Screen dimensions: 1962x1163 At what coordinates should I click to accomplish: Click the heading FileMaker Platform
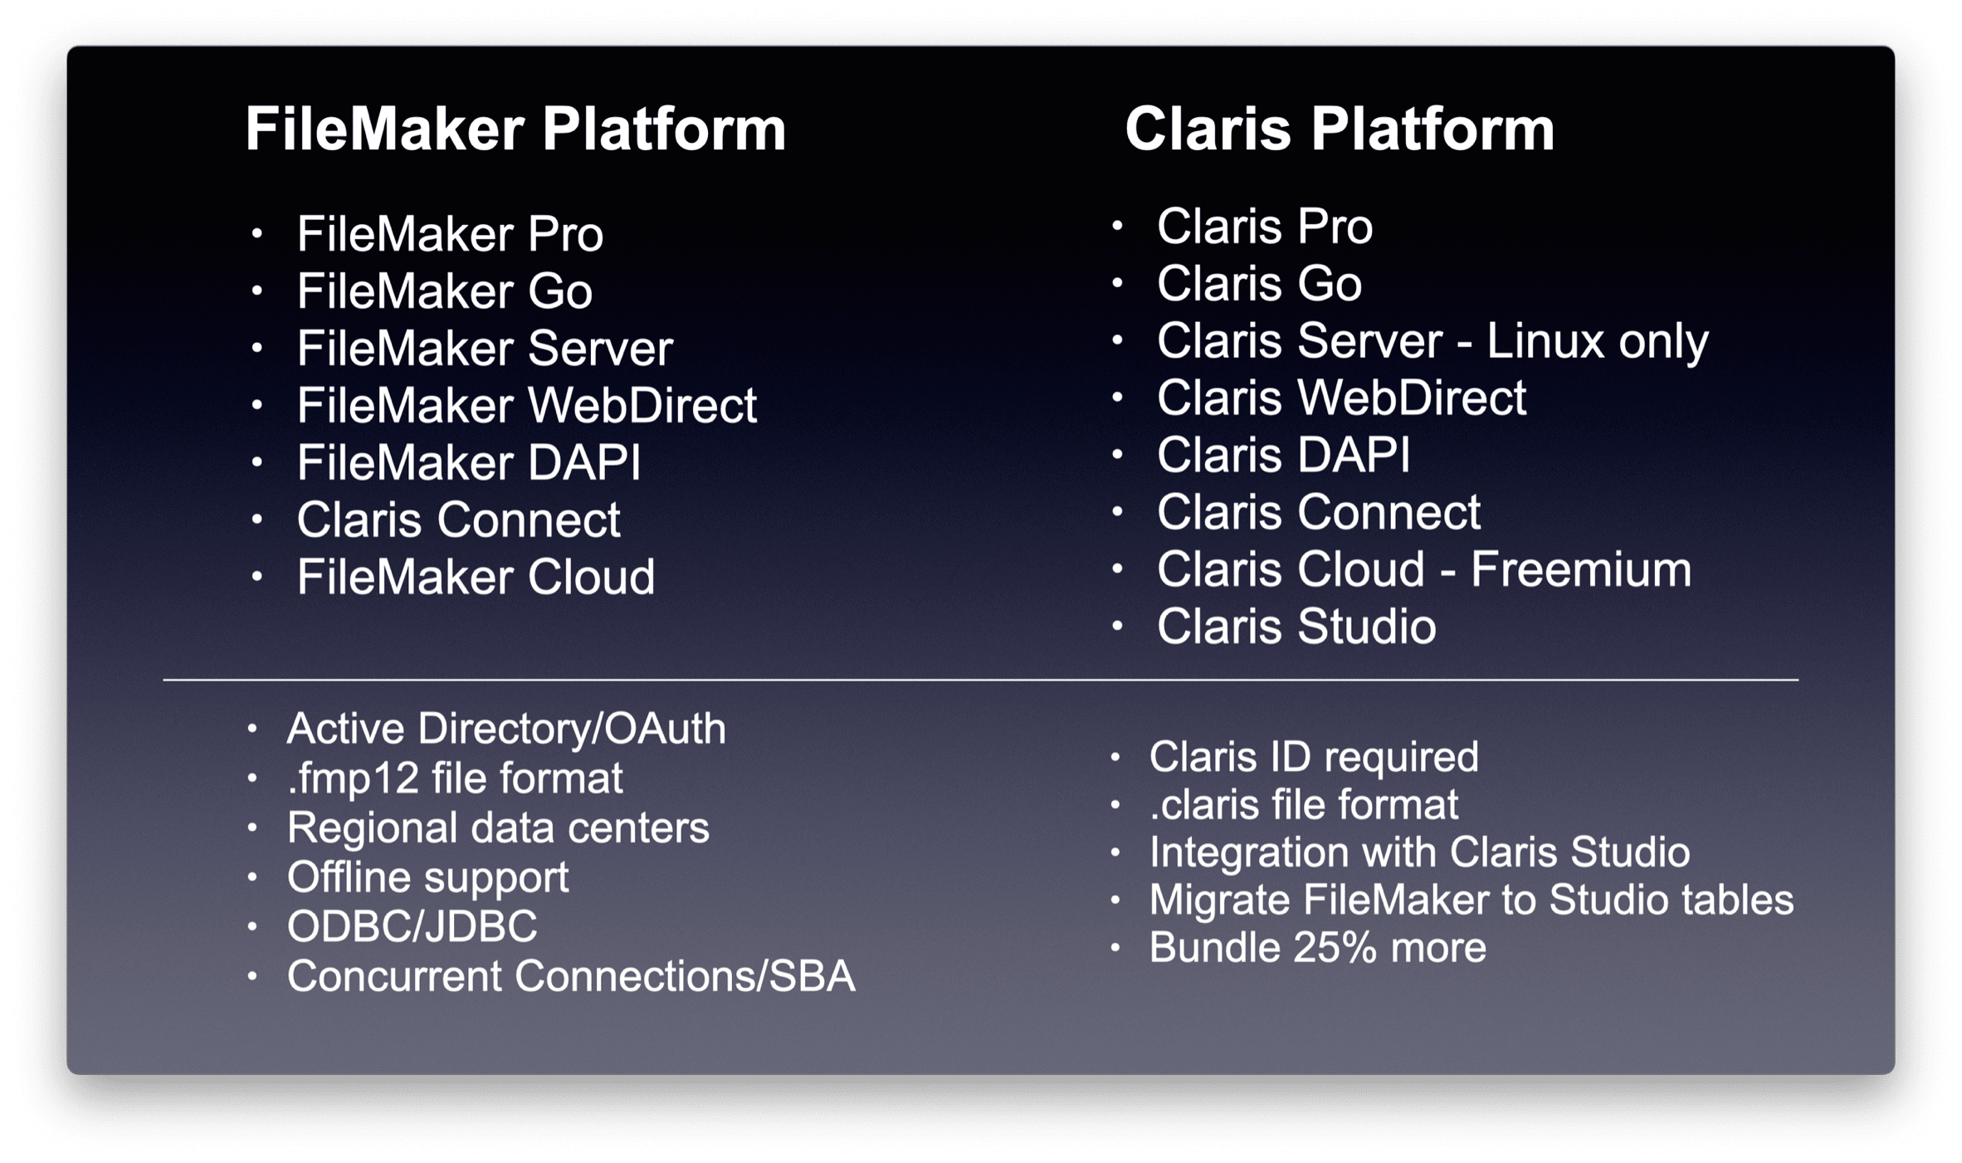coord(515,129)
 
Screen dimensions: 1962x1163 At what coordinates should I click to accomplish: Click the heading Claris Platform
coord(1340,129)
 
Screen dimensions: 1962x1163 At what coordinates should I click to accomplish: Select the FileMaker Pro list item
coord(450,234)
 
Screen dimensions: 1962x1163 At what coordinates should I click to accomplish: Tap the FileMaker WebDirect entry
coord(527,405)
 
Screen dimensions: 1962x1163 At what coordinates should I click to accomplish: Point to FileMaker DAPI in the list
coord(469,462)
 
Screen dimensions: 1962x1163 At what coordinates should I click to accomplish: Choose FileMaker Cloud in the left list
coord(476,577)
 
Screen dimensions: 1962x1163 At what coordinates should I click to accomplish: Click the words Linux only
coord(1597,341)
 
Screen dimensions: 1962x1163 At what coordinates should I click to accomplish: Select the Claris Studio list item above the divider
coord(1296,627)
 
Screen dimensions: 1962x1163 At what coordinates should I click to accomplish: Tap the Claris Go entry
coord(1259,284)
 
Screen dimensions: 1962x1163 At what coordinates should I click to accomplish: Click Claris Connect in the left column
coord(458,520)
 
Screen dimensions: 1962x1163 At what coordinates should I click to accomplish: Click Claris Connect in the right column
coord(1319,512)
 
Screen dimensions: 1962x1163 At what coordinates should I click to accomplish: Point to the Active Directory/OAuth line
coord(506,729)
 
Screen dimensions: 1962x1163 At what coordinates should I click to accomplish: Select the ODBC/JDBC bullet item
coord(412,926)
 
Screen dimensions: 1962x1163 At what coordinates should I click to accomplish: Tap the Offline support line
coord(427,878)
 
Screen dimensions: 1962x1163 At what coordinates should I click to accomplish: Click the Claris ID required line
coord(1314,757)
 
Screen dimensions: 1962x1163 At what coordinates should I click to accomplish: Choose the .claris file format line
coord(1304,805)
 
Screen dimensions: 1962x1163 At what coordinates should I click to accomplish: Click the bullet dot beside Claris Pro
coord(1118,226)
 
